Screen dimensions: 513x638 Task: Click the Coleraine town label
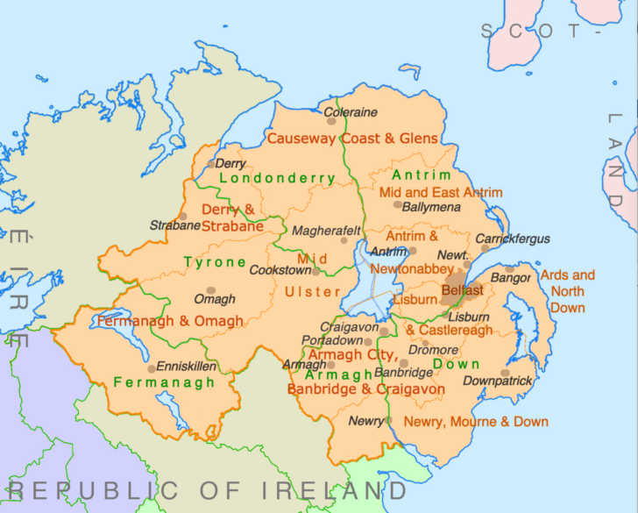pos(351,112)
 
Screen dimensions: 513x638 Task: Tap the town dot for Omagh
pos(210,290)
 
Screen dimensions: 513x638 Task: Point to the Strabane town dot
pos(182,217)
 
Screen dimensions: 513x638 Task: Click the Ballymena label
pos(430,207)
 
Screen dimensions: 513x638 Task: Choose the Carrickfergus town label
pos(513,239)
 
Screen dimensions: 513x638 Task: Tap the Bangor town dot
pos(509,269)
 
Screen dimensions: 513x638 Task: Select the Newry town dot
pos(389,421)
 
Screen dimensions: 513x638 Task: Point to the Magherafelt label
pos(326,231)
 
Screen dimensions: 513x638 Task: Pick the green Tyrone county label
pos(215,262)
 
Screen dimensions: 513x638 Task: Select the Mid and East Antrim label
pos(440,192)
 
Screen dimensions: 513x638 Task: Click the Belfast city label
pos(462,289)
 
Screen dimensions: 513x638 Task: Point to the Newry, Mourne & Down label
pos(476,422)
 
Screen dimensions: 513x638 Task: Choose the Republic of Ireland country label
pos(208,490)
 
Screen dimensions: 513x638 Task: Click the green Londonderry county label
pos(277,178)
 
